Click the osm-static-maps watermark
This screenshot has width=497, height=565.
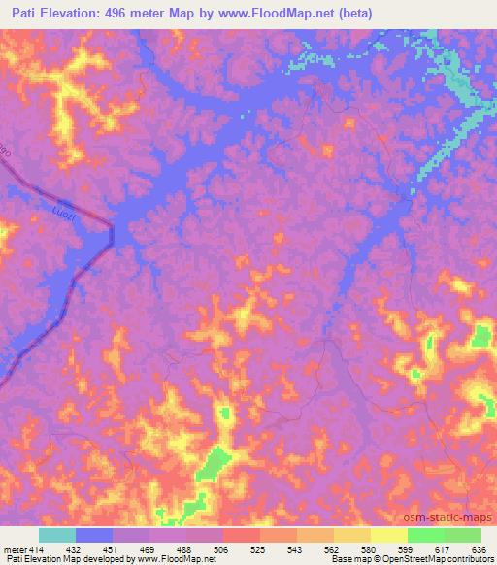click(x=448, y=519)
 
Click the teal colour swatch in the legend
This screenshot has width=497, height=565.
click(x=57, y=535)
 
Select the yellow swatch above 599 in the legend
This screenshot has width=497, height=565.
click(x=388, y=535)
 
